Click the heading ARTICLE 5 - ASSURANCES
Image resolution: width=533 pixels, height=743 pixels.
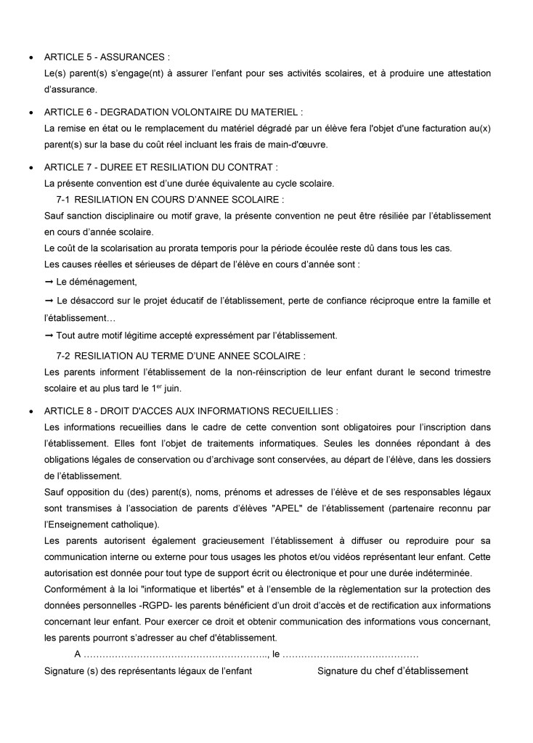pyautogui.click(x=107, y=57)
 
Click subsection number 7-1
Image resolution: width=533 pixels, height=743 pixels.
pyautogui.click(x=63, y=199)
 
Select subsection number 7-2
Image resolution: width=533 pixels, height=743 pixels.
pyautogui.click(x=63, y=356)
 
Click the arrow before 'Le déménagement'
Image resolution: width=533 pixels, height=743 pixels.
pyautogui.click(x=49, y=282)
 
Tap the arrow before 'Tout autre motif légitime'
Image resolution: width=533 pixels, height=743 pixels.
pyautogui.click(x=49, y=336)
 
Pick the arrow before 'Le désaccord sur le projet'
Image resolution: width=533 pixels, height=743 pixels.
pyautogui.click(x=49, y=301)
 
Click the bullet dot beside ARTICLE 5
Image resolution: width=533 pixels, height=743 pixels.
pyautogui.click(x=30, y=57)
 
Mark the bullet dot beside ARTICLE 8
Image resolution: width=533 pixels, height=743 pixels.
pyautogui.click(x=30, y=410)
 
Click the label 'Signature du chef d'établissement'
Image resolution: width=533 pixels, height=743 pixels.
pyautogui.click(x=392, y=670)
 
